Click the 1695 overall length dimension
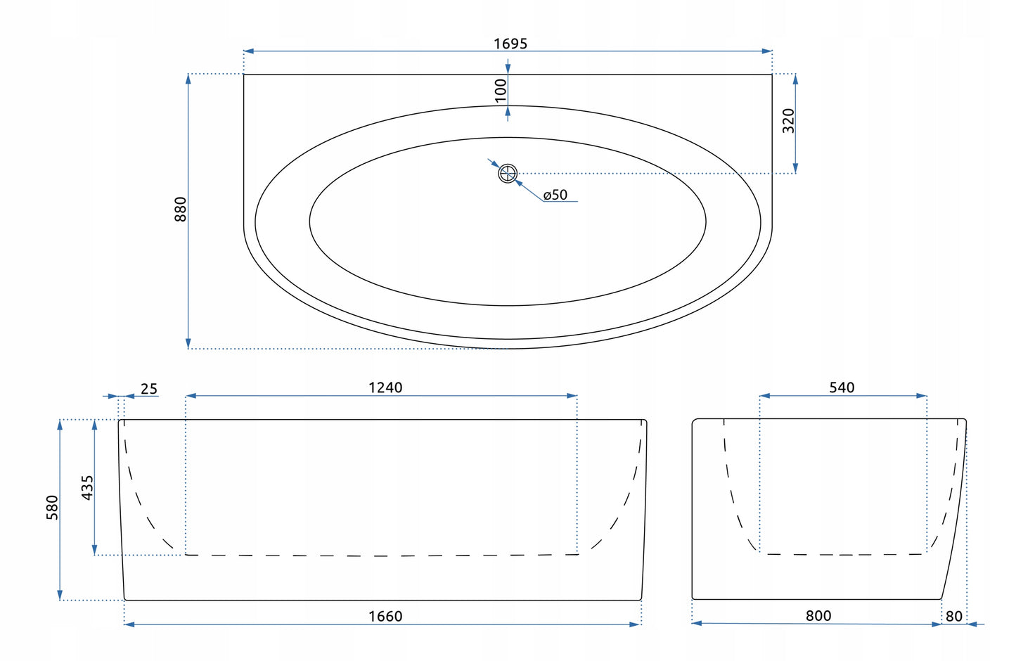[510, 44]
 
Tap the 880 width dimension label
[181, 209]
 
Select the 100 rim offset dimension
[501, 91]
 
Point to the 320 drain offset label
[789, 121]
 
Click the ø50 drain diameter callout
[555, 195]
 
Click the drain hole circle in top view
[508, 173]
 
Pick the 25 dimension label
[149, 389]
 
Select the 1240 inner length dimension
[385, 387]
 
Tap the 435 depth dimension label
[87, 488]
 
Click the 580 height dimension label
[52, 508]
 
